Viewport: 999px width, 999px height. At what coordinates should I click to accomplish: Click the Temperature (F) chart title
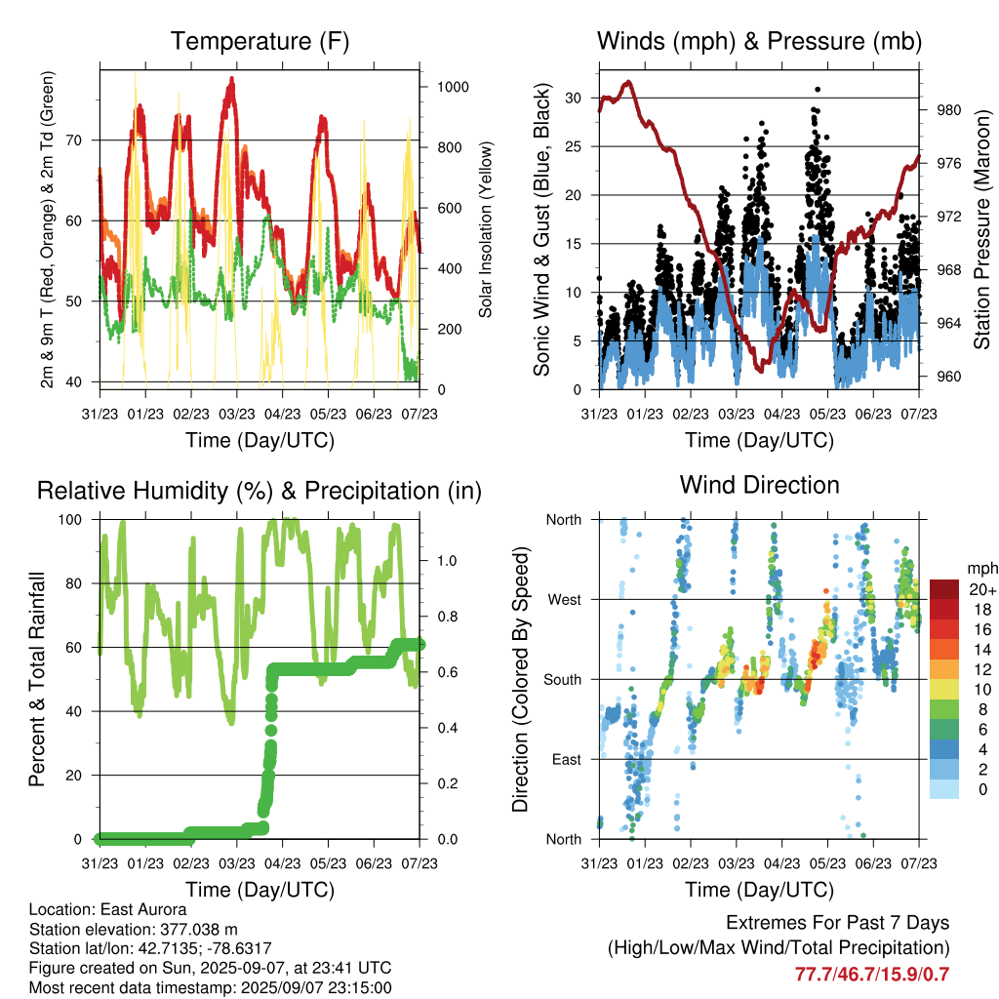pyautogui.click(x=260, y=41)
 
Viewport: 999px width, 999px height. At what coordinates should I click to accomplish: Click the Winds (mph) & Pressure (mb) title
pyautogui.click(x=759, y=41)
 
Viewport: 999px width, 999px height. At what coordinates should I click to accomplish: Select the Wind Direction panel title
pyautogui.click(x=759, y=485)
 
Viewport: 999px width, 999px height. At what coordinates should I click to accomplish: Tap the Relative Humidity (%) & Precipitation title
pyautogui.click(x=260, y=492)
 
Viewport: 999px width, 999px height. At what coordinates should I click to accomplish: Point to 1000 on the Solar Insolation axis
pyautogui.click(x=453, y=87)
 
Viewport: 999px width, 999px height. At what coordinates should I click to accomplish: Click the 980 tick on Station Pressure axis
pyautogui.click(x=948, y=110)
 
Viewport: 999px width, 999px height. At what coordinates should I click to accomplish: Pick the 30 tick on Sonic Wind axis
pyautogui.click(x=574, y=99)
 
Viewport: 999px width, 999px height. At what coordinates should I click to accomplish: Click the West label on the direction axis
pyautogui.click(x=565, y=600)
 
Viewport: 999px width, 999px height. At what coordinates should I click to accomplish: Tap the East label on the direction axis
pyautogui.click(x=567, y=759)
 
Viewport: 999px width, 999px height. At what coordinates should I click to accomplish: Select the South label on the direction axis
pyautogui.click(x=563, y=680)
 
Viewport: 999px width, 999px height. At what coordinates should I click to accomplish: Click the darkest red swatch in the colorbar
pyautogui.click(x=944, y=589)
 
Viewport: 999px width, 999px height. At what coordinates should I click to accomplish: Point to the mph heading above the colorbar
pyautogui.click(x=982, y=569)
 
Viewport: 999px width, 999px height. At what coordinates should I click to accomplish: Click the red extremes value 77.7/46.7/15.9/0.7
pyautogui.click(x=872, y=975)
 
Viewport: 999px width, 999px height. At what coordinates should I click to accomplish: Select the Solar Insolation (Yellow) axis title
pyautogui.click(x=486, y=229)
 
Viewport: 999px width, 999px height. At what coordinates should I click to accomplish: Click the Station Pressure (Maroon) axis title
pyautogui.click(x=981, y=230)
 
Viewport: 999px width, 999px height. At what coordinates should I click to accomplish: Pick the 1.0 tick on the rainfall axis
pyautogui.click(x=447, y=561)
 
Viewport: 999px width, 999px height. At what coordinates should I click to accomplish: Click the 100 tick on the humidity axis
pyautogui.click(x=70, y=520)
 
